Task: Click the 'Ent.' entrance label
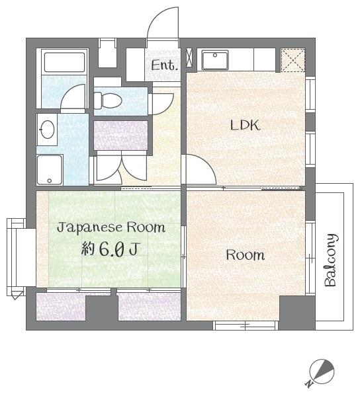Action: click(164, 65)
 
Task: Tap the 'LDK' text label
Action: click(245, 126)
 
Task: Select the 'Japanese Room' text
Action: click(111, 228)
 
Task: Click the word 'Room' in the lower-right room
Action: click(246, 255)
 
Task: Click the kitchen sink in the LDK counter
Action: click(215, 60)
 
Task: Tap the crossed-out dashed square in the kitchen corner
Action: click(291, 59)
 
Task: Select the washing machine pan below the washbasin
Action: click(50, 170)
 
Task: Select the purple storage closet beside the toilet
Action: click(120, 134)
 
